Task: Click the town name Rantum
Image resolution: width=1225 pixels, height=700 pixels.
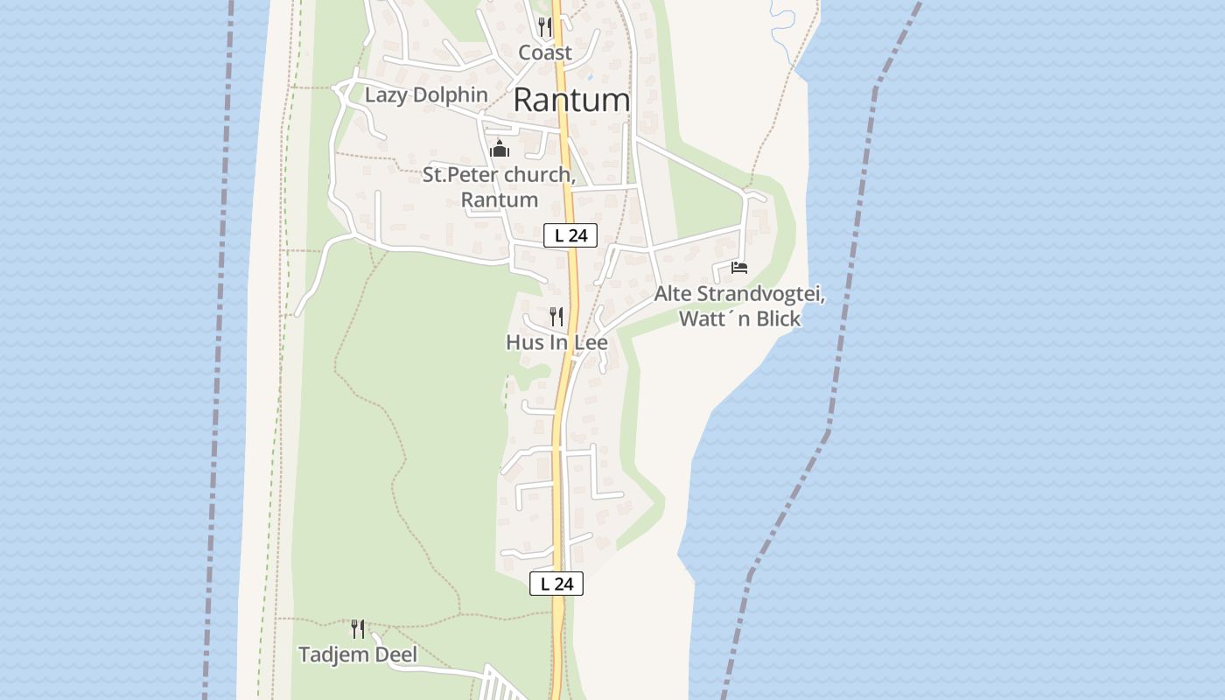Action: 571,100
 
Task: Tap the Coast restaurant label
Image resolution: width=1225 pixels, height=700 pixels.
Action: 545,52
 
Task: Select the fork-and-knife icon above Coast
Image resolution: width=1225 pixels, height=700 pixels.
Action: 545,26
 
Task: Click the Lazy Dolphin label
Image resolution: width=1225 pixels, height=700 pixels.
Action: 426,94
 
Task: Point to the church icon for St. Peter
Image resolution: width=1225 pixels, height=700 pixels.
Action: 500,149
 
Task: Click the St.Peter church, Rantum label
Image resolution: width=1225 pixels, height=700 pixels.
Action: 499,186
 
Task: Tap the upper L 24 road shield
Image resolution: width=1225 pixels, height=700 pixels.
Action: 570,235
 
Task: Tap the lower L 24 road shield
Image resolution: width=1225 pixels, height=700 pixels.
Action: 556,584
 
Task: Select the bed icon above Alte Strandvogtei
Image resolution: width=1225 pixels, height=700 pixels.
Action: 739,268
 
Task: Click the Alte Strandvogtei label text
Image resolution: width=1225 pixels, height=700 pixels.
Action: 739,295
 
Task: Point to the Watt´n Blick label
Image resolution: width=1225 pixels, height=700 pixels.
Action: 739,319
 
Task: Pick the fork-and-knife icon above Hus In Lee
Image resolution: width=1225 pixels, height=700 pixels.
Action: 556,316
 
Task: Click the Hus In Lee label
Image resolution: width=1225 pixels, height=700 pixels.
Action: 556,342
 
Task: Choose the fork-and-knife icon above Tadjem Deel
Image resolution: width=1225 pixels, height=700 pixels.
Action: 358,628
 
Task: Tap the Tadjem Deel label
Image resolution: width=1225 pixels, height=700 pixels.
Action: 358,654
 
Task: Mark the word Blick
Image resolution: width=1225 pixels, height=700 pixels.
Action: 778,319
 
